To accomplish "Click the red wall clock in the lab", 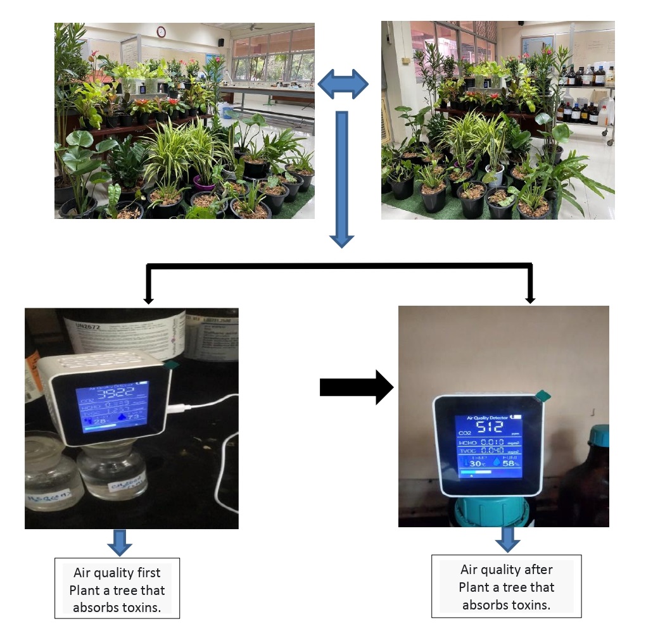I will point(161,32).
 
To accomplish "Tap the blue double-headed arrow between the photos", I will point(343,84).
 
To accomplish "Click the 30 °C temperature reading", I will point(476,463).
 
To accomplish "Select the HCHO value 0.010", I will point(492,442).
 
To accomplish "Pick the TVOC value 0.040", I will point(492,451).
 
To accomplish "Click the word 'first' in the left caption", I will point(148,573).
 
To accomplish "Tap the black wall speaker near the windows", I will point(221,42).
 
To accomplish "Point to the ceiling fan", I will point(255,27).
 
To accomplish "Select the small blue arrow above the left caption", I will point(120,542).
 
